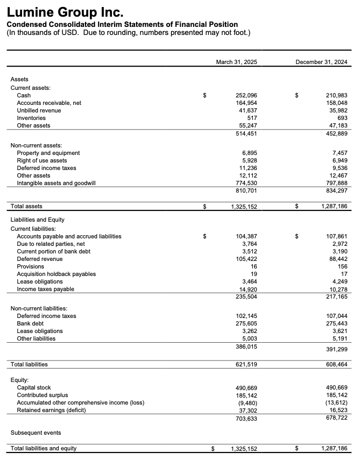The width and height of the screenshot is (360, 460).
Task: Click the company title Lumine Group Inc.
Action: (x=65, y=11)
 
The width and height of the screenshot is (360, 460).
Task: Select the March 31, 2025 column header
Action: (x=236, y=62)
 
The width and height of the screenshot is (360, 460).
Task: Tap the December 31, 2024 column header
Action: (x=321, y=62)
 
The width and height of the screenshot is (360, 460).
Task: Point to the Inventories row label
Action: (x=31, y=118)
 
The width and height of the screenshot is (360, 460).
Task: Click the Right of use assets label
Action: (x=42, y=160)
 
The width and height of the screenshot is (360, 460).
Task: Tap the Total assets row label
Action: (x=26, y=206)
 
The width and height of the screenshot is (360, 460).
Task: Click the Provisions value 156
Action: (x=342, y=266)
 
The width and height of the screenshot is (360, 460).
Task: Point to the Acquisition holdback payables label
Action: (x=56, y=274)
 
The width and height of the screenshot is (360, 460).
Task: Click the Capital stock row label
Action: (x=34, y=387)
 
